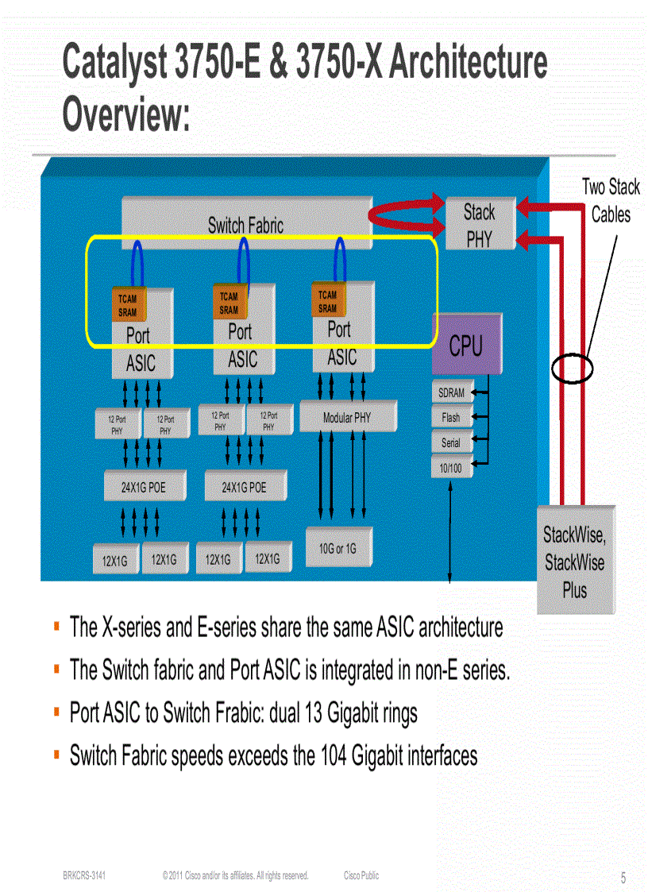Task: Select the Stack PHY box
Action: pos(479,225)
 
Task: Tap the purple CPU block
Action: pos(466,346)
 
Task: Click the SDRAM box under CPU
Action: pos(452,393)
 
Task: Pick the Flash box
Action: pos(451,417)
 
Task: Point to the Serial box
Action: pos(451,443)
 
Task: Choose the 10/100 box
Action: pos(450,469)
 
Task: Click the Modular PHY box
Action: pos(347,417)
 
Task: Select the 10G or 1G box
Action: pos(337,549)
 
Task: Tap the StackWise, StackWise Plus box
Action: pos(575,562)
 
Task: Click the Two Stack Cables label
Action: pos(611,201)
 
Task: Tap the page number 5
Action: pos(623,878)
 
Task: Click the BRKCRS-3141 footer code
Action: pos(84,875)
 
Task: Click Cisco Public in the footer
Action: pos(361,875)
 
